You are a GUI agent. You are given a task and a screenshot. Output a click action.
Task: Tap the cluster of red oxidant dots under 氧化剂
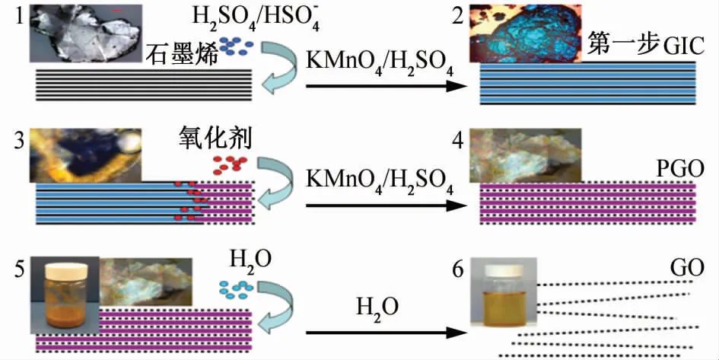coord(229,162)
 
